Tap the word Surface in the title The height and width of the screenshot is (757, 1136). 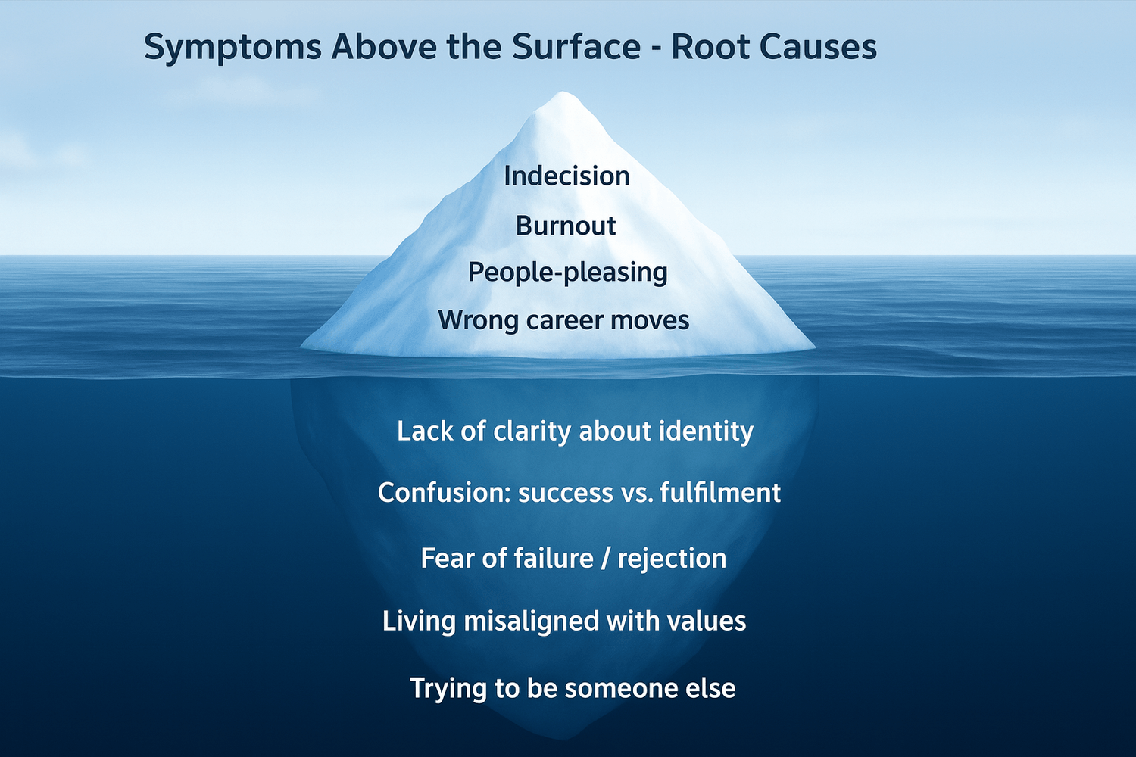576,47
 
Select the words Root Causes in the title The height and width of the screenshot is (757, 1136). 774,47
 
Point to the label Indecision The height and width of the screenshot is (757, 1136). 566,176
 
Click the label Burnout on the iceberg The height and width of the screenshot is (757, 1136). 566,226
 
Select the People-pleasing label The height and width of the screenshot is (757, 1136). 567,273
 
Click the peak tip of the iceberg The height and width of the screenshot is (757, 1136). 561,92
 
